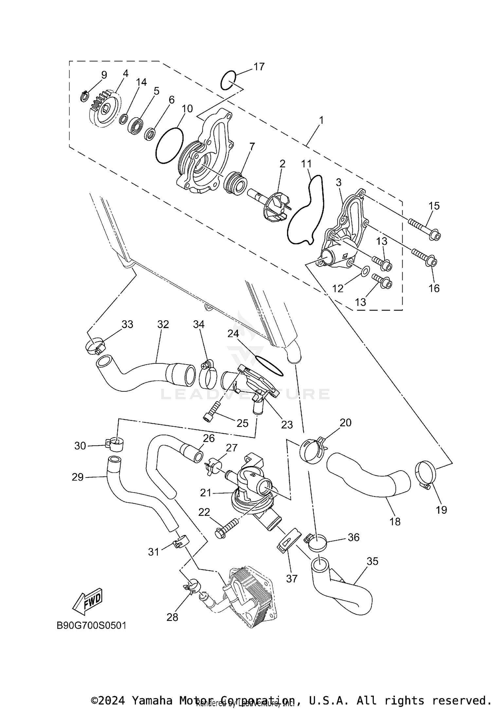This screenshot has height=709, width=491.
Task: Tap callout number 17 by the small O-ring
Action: coord(259,67)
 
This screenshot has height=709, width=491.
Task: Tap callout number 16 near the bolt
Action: coord(434,288)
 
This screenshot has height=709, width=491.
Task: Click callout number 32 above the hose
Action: coord(163,324)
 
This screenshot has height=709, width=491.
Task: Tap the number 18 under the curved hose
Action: coord(395,521)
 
